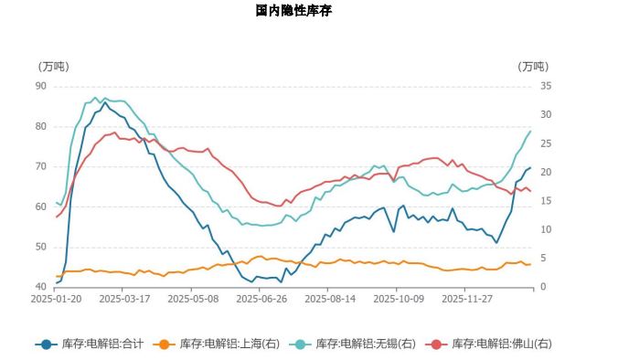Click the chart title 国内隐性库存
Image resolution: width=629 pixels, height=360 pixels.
[293, 11]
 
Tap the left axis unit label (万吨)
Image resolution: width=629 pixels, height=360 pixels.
[53, 67]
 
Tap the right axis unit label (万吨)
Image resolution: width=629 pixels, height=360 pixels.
[533, 67]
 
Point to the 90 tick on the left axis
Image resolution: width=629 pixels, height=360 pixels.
[40, 86]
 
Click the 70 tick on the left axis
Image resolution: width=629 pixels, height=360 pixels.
[40, 166]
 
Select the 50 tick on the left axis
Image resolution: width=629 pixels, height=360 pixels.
[40, 247]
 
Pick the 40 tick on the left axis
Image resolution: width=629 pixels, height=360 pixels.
[40, 287]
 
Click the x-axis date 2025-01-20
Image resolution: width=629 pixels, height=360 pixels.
[56, 298]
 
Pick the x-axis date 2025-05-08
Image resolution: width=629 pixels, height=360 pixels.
[193, 298]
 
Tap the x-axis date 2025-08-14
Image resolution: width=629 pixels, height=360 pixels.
[329, 298]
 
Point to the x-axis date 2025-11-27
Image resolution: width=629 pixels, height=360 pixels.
[467, 298]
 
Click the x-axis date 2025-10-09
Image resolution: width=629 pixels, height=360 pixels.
[399, 298]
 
